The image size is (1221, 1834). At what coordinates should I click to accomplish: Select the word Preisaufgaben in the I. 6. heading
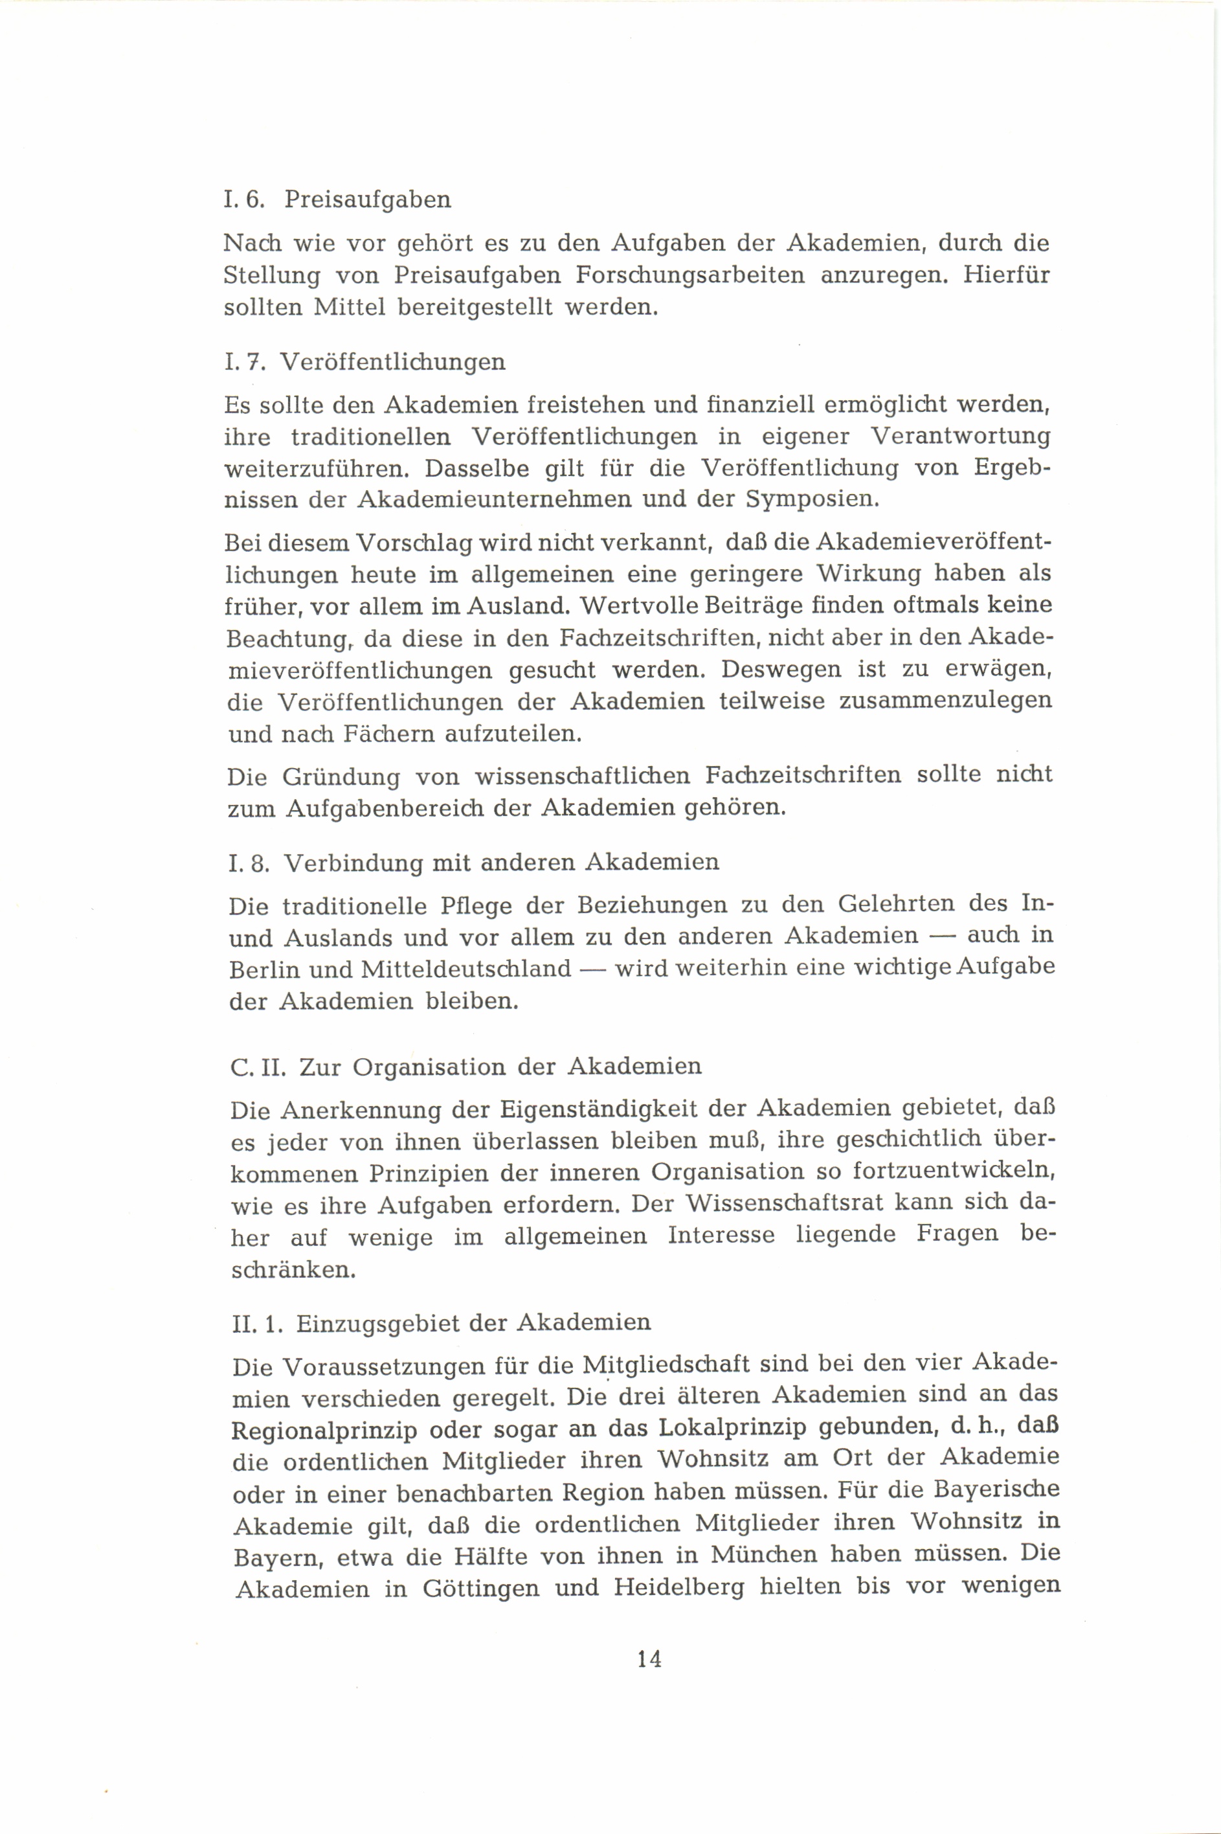tap(368, 199)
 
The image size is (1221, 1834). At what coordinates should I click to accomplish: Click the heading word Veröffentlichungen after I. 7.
tap(392, 362)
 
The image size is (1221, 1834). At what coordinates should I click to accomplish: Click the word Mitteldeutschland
tap(466, 969)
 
